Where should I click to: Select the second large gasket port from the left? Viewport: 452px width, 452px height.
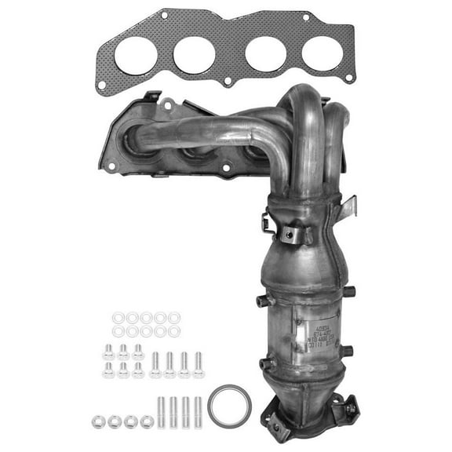pos(195,54)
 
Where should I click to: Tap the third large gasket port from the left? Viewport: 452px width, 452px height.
pos(265,53)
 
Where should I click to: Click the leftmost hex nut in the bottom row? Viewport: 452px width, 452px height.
pos(98,421)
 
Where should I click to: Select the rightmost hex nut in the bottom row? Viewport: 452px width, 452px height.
pos(147,421)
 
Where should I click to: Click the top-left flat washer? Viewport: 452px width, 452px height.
pos(118,318)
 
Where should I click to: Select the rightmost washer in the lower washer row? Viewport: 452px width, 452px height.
pos(173,331)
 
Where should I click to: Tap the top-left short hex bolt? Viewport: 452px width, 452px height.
pos(109,351)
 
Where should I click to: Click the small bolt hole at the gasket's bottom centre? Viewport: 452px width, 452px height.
pos(227,81)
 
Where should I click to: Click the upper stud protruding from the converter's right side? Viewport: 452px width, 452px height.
pos(349,292)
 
